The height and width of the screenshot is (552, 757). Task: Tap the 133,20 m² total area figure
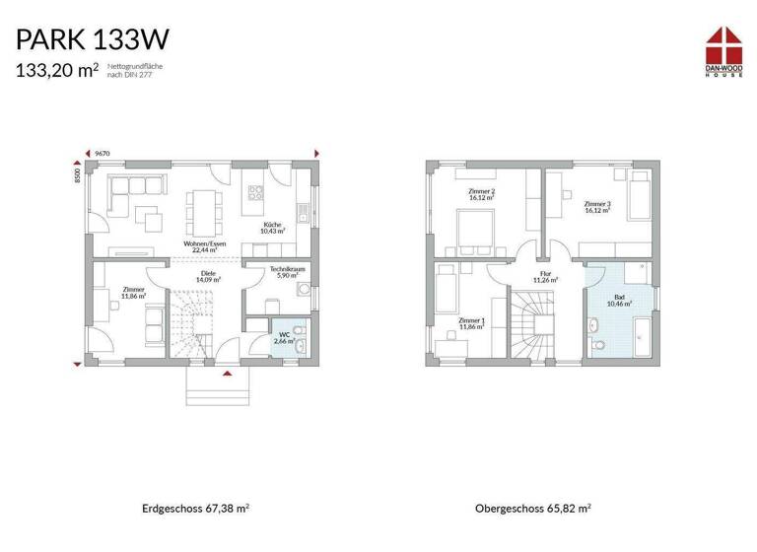click(56, 69)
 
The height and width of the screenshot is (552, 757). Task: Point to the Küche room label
click(271, 228)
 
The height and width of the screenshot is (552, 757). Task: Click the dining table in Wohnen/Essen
click(205, 207)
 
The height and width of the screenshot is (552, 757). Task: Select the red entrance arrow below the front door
click(228, 374)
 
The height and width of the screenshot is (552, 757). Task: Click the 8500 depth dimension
click(76, 174)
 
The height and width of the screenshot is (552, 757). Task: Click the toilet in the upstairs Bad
click(598, 345)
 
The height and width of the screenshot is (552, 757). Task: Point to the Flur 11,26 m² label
click(546, 277)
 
